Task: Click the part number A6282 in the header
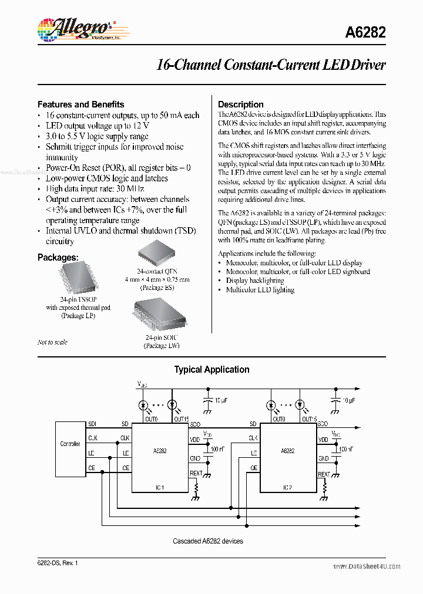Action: click(365, 33)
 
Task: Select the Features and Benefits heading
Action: click(80, 104)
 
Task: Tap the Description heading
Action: click(241, 104)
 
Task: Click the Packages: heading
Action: click(58, 257)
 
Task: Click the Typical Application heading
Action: click(211, 369)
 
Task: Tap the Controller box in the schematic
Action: click(70, 444)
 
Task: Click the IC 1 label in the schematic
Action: click(159, 487)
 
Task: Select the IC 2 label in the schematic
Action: click(288, 487)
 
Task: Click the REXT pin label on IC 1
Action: click(196, 473)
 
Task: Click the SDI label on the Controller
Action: click(92, 424)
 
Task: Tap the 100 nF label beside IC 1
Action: click(216, 449)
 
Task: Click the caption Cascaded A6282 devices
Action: click(208, 541)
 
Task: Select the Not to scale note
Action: click(52, 342)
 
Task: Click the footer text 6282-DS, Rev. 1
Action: click(58, 563)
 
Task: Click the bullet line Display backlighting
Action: click(256, 281)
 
